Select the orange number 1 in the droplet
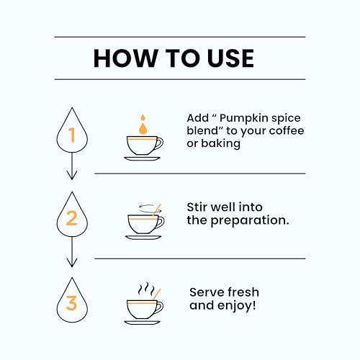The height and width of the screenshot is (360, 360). pos(71,135)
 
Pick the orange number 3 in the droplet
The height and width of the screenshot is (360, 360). pos(71,303)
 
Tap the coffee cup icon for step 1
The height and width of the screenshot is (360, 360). pos(144,147)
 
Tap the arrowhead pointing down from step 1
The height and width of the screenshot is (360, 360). pos(71,175)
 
